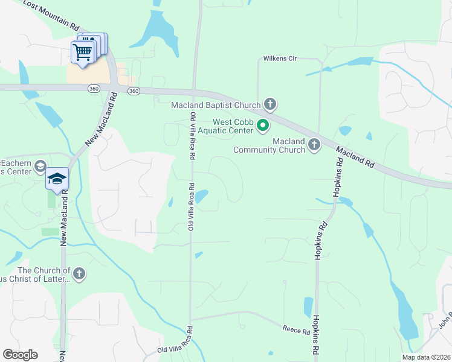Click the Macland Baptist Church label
(x=216, y=106)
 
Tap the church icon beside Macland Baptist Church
(x=270, y=105)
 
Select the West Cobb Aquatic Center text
(x=233, y=126)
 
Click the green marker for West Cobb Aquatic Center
(x=263, y=125)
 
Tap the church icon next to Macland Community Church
(x=314, y=144)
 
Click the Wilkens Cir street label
(x=279, y=59)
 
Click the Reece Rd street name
(x=296, y=329)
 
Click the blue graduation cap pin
(x=57, y=179)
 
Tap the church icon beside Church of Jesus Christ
(x=79, y=275)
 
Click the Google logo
(x=20, y=354)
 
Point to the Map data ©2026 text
(x=425, y=357)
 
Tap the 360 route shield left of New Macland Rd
(x=93, y=89)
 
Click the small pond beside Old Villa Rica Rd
(x=201, y=196)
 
